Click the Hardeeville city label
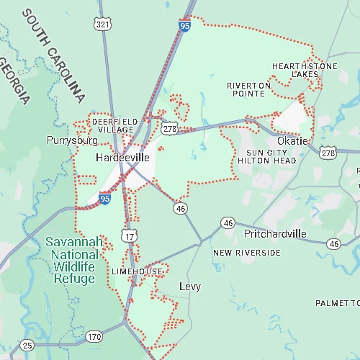coord(122,156)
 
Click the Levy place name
coord(190,287)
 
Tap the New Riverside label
coord(247,253)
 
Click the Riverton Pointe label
coord(249,89)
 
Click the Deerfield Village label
coord(112,126)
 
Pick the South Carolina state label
coord(53,55)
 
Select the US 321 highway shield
coord(103,24)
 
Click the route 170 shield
coord(94,336)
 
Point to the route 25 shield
coord(27,345)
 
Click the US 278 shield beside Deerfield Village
coord(170,128)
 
